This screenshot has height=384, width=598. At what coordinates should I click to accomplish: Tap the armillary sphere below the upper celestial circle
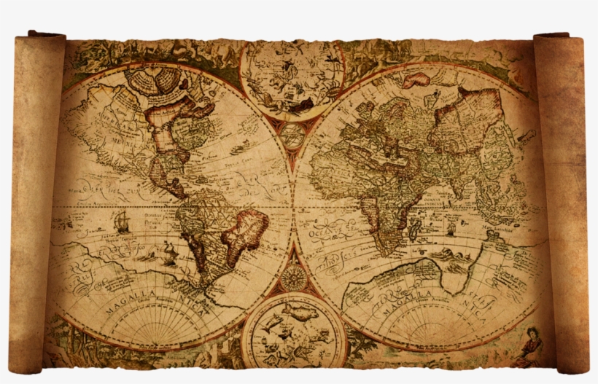[292, 135]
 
